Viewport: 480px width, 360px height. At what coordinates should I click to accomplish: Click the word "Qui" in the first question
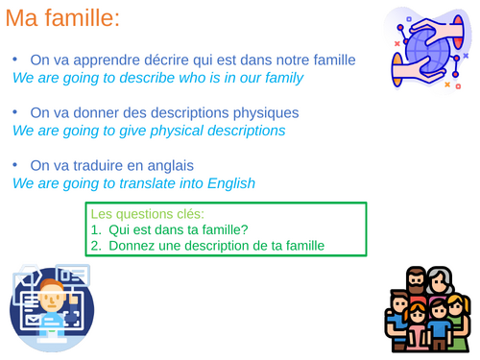[120, 230]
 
